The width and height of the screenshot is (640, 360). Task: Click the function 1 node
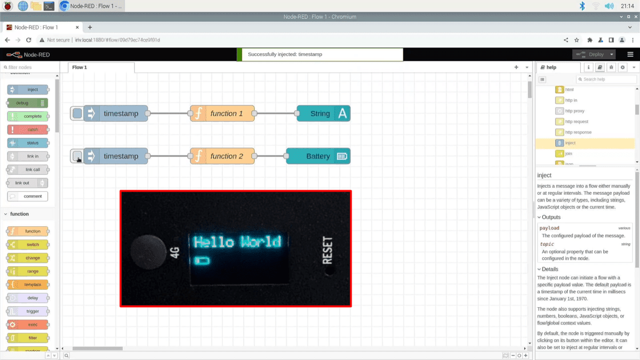222,114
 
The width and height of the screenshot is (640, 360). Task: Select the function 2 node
222,156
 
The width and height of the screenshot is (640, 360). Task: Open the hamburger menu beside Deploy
630,54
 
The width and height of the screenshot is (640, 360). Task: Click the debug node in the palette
28,103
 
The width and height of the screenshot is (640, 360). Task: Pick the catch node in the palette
28,130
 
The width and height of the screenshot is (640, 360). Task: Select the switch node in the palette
28,245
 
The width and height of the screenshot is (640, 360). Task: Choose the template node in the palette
28,285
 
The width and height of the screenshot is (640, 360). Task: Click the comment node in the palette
28,196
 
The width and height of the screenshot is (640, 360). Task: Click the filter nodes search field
29,68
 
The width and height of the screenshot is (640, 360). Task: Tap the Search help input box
607,79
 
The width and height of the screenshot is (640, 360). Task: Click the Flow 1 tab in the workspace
80,68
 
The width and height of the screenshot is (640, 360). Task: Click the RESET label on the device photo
327,250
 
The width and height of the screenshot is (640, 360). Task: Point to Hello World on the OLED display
237,242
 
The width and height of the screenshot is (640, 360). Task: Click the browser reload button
28,40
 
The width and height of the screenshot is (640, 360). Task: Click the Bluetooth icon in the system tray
582,6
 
